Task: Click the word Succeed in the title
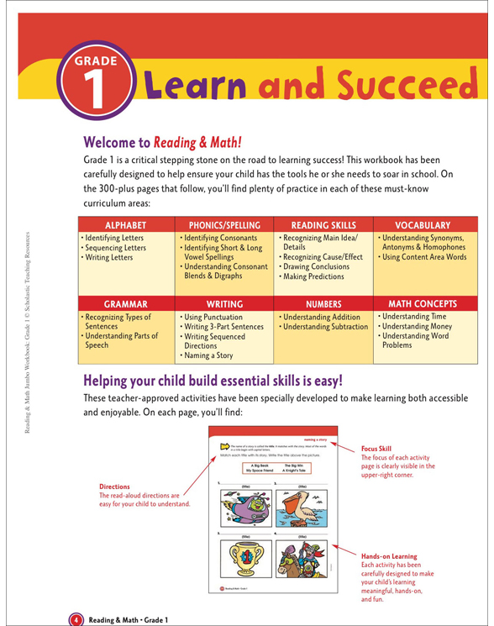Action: tap(406, 85)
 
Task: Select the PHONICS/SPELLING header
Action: tap(224, 225)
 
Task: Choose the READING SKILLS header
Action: tap(323, 225)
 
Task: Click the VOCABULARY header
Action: tap(423, 225)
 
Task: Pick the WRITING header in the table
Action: tap(224, 303)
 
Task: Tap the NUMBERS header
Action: tap(323, 303)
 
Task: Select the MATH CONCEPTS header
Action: tap(423, 303)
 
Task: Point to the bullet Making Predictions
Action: tap(313, 276)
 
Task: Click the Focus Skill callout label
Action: tap(378, 449)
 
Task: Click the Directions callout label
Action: tap(115, 487)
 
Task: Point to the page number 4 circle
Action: tap(76, 619)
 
